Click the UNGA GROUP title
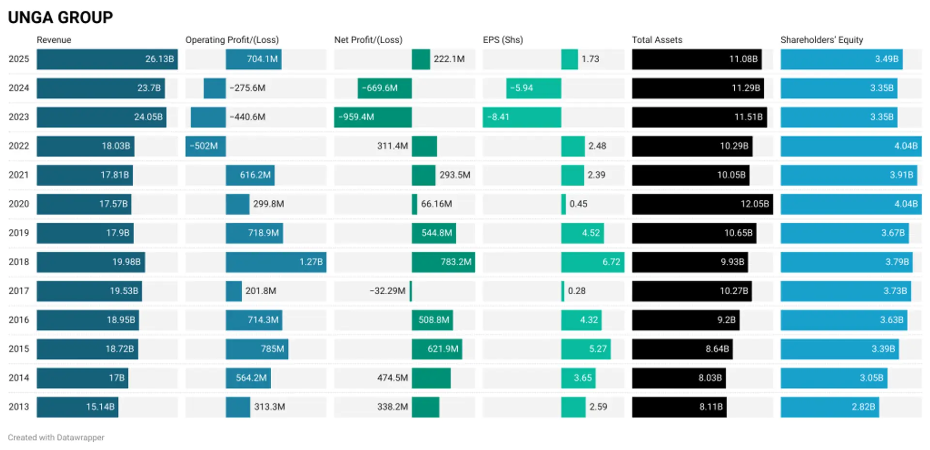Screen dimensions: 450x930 point(60,17)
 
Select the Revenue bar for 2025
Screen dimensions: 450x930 point(107,59)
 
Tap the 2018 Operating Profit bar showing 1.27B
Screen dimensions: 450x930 point(276,262)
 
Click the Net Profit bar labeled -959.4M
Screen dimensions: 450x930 point(372,117)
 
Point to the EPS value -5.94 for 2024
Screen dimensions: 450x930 point(522,88)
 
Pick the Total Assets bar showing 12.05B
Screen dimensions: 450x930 point(702,204)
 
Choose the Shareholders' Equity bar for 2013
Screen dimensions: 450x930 point(829,407)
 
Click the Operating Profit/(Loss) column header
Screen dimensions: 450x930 point(232,40)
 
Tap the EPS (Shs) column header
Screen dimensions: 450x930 point(503,40)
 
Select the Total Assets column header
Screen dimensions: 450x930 point(657,40)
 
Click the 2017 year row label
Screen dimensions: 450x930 point(19,291)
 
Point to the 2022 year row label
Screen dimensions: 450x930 point(19,146)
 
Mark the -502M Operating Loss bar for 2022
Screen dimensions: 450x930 point(205,146)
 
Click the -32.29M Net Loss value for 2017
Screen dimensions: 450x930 point(387,291)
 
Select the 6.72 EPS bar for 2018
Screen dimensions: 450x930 point(592,262)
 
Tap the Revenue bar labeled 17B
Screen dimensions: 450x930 point(82,378)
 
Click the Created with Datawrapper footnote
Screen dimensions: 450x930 point(56,437)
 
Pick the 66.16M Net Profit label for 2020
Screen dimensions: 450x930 point(436,204)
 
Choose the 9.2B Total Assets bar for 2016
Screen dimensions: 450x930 point(685,320)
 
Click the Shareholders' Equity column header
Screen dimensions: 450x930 point(821,40)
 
